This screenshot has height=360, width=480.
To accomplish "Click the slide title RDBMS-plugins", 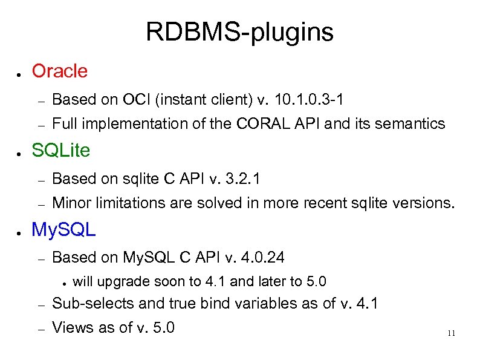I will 239,32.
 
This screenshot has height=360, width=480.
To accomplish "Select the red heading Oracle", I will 59,71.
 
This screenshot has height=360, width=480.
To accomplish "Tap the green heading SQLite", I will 60,149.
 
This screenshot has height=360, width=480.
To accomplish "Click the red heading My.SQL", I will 63,229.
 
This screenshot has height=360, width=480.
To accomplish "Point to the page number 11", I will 450,333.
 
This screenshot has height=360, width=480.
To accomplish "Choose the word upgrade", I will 124,282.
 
